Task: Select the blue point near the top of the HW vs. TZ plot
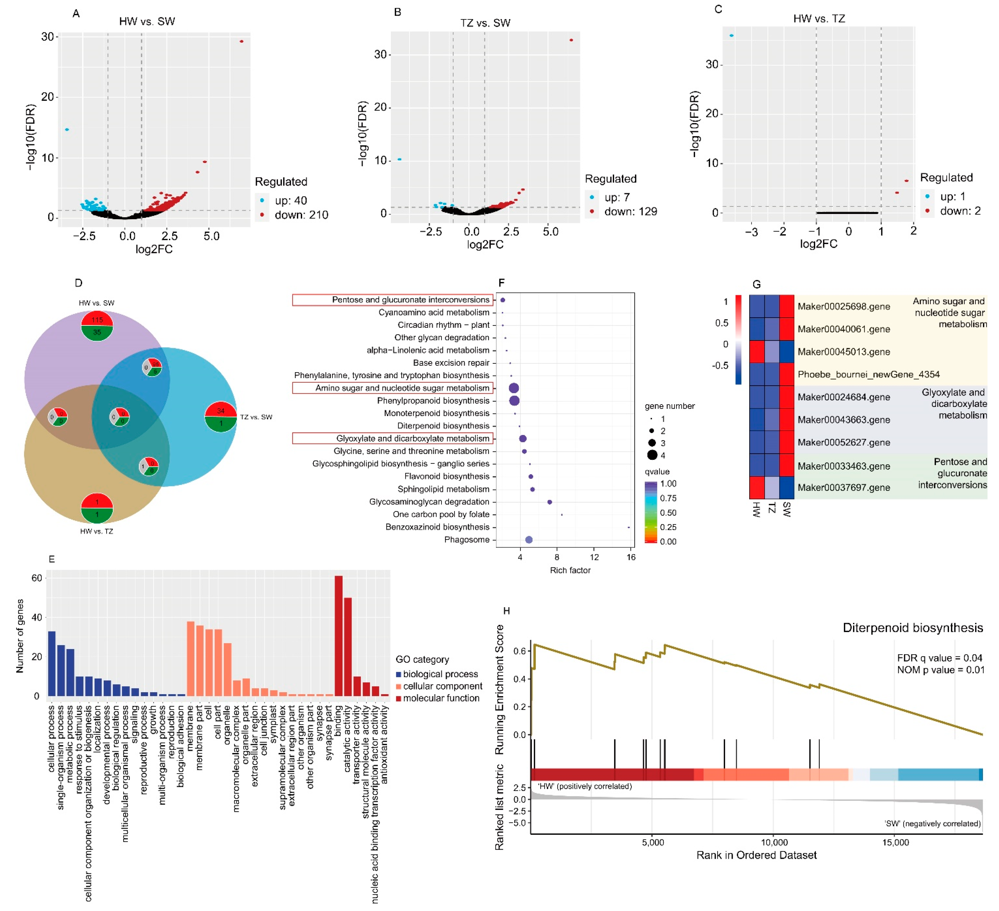tap(731, 36)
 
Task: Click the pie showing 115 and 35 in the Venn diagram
tap(97, 326)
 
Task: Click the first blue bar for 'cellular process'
tap(51, 663)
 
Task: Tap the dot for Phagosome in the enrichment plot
tap(529, 540)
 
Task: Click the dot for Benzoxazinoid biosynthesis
tap(629, 527)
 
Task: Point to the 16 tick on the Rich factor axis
tap(631, 557)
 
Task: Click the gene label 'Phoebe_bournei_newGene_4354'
tap(868, 375)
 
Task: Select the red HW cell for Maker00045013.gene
tap(757, 352)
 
